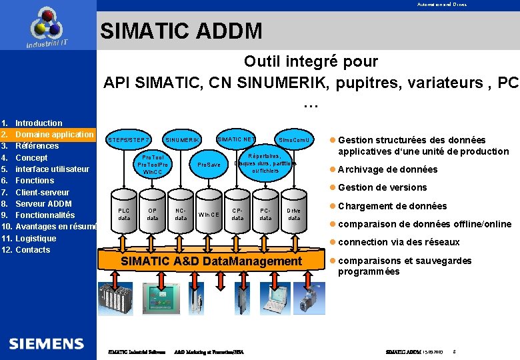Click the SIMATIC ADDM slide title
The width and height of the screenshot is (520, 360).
tap(181, 31)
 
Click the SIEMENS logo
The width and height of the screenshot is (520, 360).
tap(47, 343)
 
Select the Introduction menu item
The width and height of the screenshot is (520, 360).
tap(39, 123)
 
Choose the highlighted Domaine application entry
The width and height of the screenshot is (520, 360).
tap(54, 135)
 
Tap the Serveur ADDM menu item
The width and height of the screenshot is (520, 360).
tap(43, 203)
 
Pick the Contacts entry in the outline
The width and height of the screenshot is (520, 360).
tap(33, 250)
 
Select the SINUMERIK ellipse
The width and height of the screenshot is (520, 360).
tap(183, 140)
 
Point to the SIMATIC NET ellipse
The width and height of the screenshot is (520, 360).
tap(236, 139)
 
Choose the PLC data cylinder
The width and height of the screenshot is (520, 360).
tap(124, 214)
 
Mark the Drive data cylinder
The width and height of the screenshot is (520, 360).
tap(294, 214)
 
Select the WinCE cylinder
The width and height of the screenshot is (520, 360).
tap(209, 214)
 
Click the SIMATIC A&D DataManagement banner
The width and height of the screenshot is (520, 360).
tap(211, 261)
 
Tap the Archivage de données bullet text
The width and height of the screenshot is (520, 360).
tap(387, 169)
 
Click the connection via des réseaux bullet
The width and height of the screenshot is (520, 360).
tap(399, 242)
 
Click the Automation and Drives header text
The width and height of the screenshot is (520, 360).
tap(442, 5)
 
